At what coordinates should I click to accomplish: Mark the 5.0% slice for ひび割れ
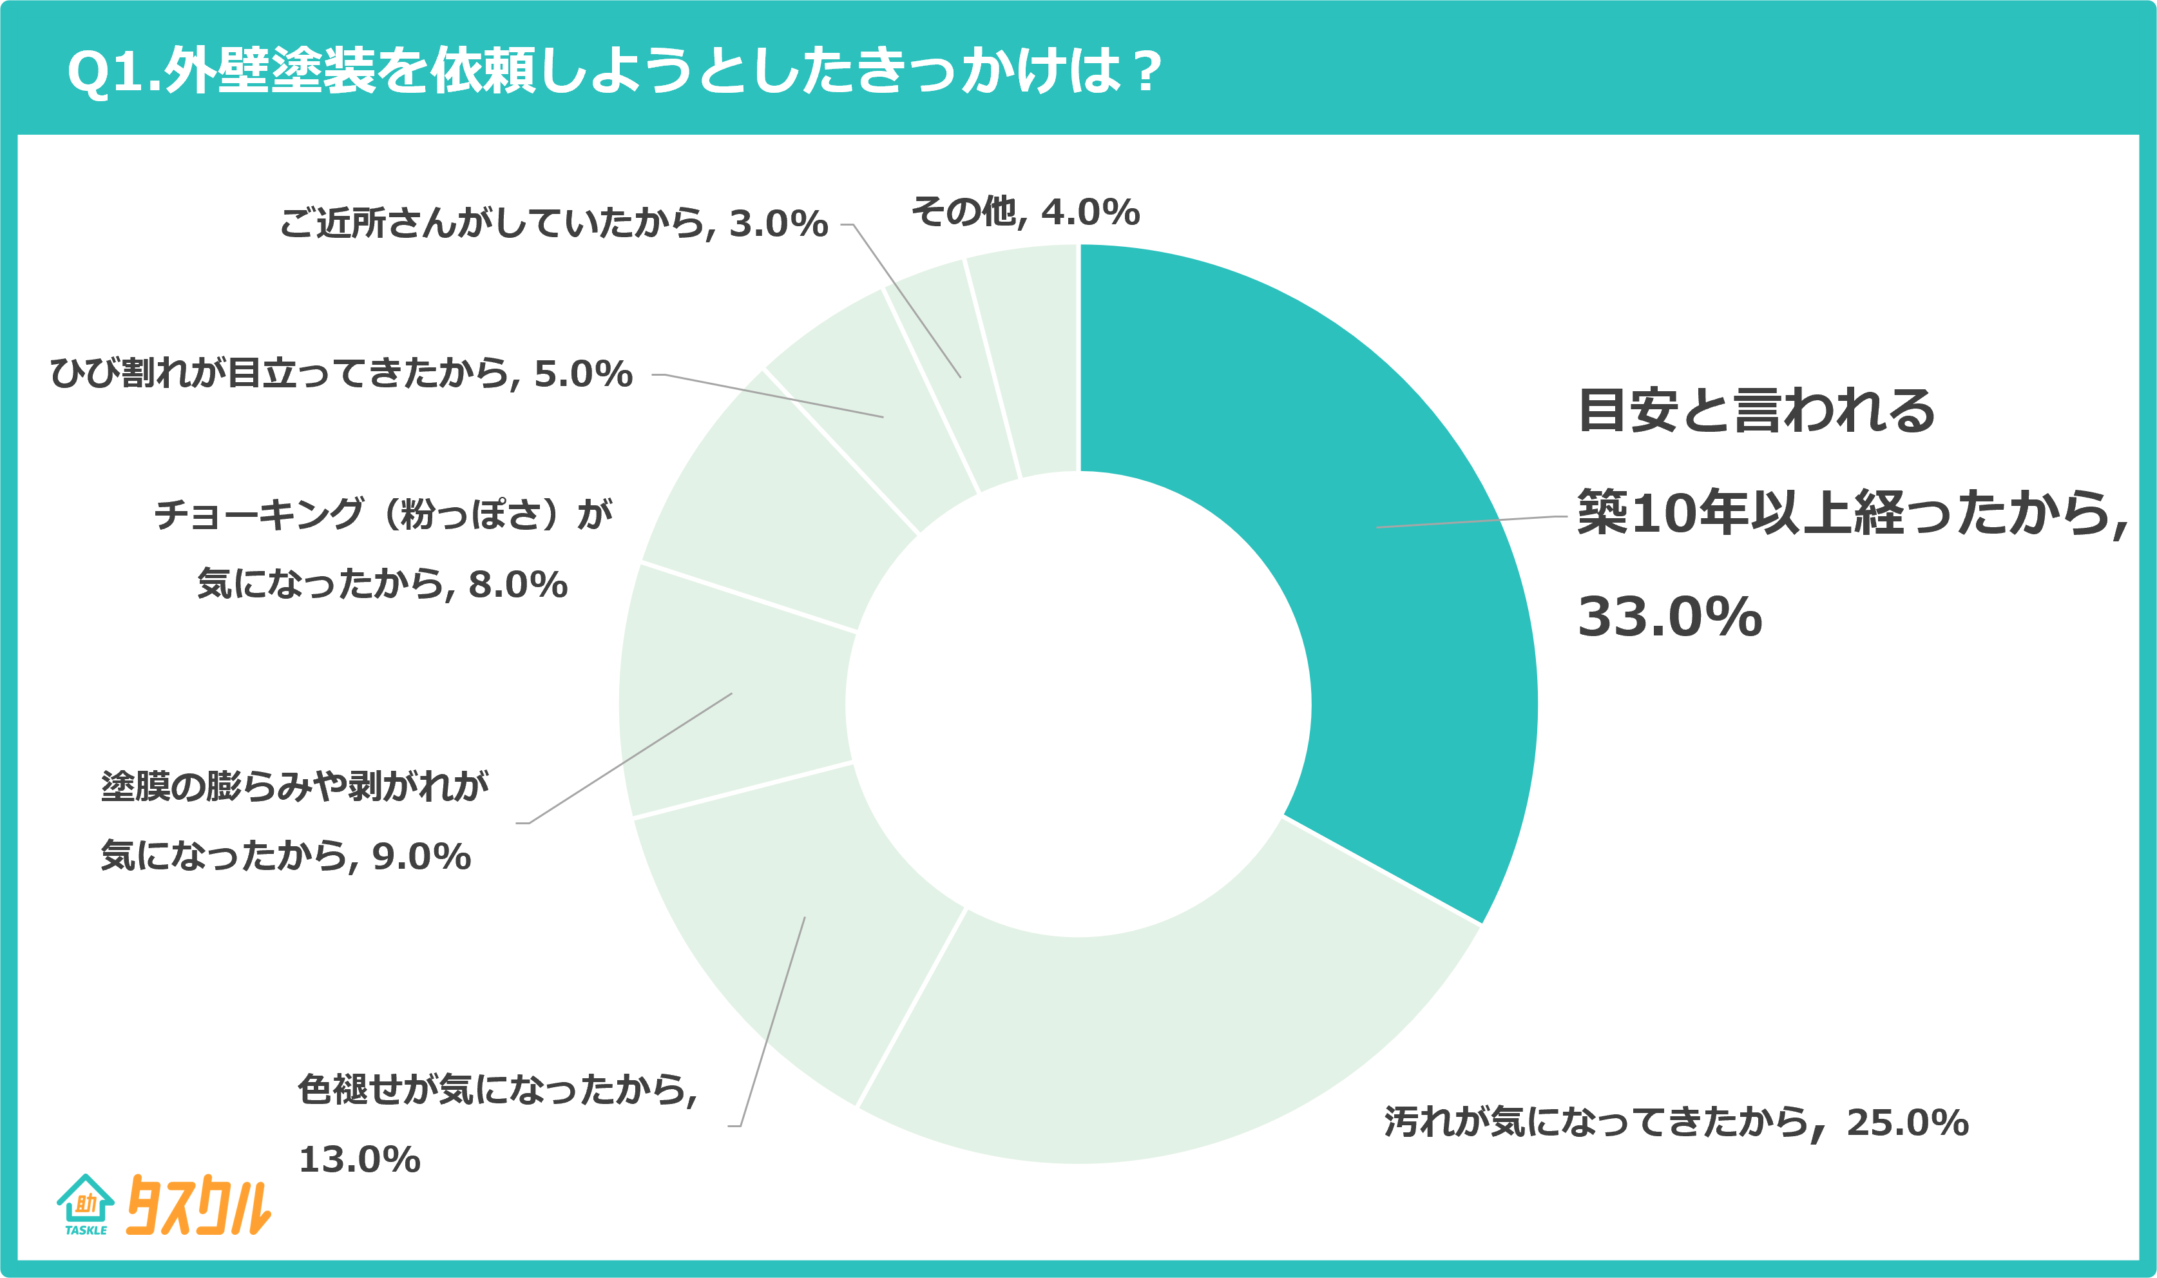(869, 405)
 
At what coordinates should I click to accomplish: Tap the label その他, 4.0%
(1025, 212)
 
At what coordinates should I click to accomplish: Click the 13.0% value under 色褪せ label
(359, 1160)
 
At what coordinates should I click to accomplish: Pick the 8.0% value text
(517, 585)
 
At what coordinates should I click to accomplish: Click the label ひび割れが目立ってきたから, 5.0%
(341, 374)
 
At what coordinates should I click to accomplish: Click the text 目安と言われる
(1756, 411)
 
